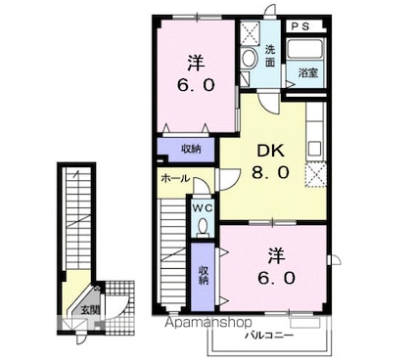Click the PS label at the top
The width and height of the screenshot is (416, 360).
point(300,26)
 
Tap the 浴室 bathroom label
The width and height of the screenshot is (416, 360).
point(308,72)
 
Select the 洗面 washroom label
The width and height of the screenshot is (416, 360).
point(270,56)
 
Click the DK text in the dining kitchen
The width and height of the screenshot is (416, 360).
point(270,151)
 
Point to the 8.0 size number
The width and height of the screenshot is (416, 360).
point(270,172)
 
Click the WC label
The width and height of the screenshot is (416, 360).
point(203,207)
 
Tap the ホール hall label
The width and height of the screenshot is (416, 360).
point(175,178)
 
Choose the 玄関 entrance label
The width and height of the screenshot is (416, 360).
point(90,310)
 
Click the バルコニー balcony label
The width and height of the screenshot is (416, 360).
point(269,336)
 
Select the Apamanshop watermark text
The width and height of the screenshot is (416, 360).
point(208,323)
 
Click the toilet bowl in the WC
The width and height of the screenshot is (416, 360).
point(203,226)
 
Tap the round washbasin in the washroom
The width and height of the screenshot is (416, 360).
point(249,58)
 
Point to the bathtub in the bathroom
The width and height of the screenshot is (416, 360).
point(305,49)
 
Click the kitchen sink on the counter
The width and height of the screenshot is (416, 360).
point(314,149)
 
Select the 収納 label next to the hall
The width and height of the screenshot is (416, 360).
point(191,150)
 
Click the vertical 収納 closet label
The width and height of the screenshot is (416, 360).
point(204,276)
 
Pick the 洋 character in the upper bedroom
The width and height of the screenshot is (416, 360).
point(196,64)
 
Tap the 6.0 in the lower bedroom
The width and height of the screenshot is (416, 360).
point(277,278)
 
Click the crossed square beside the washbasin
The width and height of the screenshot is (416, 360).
point(250,32)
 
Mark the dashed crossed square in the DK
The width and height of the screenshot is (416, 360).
point(315,175)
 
